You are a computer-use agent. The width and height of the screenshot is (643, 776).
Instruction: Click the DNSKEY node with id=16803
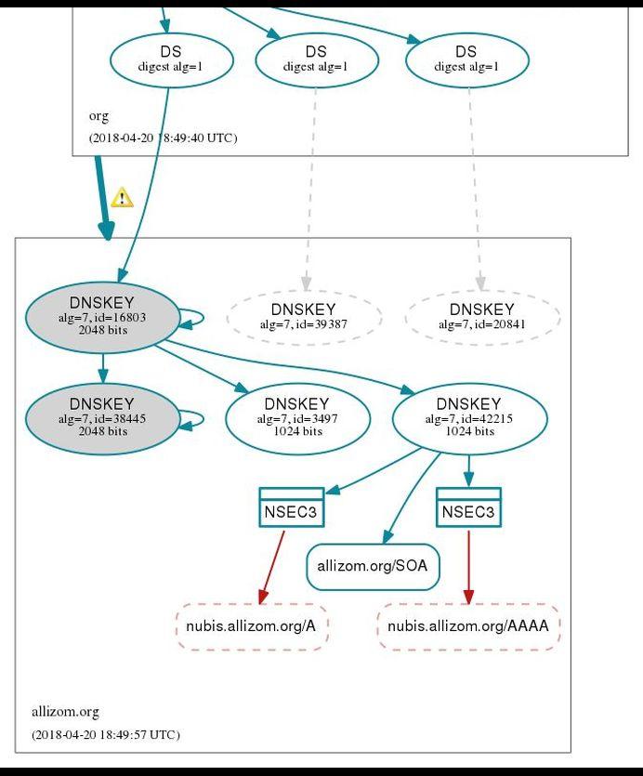tap(102, 317)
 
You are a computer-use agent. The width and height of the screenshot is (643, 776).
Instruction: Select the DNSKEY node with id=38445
tap(102, 419)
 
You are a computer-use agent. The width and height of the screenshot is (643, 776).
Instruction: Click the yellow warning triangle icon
tap(122, 198)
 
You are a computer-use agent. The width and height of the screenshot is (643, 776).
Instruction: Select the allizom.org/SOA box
tap(372, 566)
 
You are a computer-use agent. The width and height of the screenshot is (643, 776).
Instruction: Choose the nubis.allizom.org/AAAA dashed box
tap(467, 625)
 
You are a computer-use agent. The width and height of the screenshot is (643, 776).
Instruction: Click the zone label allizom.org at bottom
tap(65, 712)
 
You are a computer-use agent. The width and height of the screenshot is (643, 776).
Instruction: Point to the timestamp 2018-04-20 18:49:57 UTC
tap(105, 734)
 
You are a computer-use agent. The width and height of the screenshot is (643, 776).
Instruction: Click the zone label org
tap(98, 116)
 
